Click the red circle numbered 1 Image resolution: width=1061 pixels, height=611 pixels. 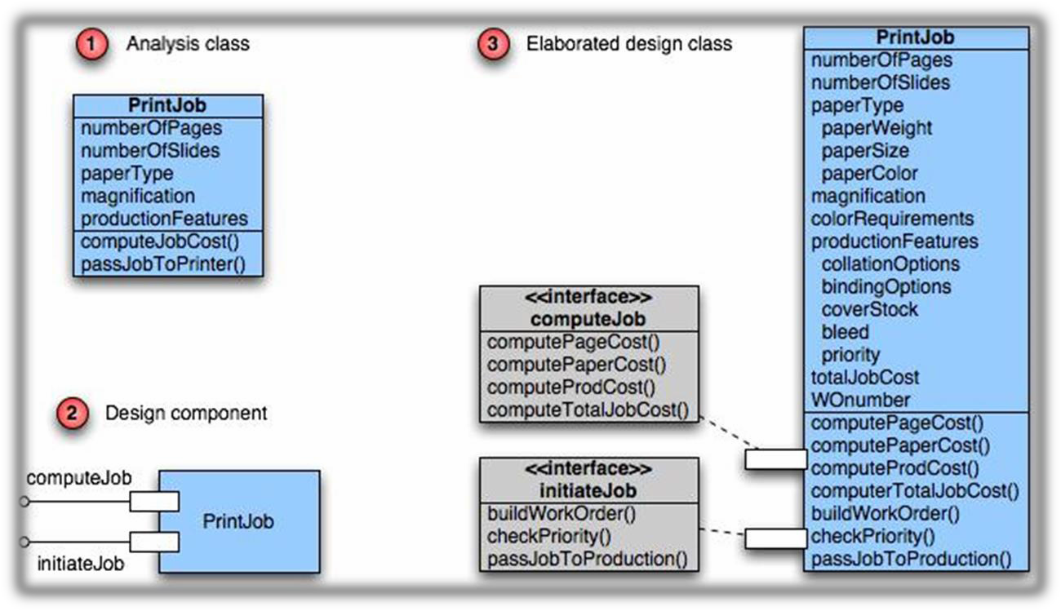click(x=91, y=44)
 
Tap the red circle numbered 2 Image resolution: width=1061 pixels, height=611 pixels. click(x=72, y=414)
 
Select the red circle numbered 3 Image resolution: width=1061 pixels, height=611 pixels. click(x=491, y=44)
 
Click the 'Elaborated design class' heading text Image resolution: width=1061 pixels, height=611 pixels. click(x=628, y=44)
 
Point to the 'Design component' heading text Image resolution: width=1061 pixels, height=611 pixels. click(x=186, y=414)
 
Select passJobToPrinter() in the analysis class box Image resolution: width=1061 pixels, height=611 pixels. click(x=162, y=264)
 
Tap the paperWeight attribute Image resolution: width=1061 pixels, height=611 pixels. click(x=877, y=128)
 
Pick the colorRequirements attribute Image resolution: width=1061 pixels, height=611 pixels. click(x=892, y=219)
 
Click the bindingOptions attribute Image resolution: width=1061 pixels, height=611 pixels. click(x=886, y=287)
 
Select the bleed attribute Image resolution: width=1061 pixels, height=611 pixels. click(x=845, y=332)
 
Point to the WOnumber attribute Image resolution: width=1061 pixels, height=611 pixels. click(x=860, y=400)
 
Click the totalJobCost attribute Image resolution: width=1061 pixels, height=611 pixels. click(x=865, y=378)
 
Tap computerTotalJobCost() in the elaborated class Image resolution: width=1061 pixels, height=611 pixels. click(x=915, y=491)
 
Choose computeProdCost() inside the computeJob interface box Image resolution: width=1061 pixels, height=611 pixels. click(x=571, y=387)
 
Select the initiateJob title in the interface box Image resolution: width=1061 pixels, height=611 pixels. click(x=588, y=491)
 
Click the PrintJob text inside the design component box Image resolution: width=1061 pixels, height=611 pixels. click(x=238, y=520)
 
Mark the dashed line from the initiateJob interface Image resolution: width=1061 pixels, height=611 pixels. click(x=722, y=534)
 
